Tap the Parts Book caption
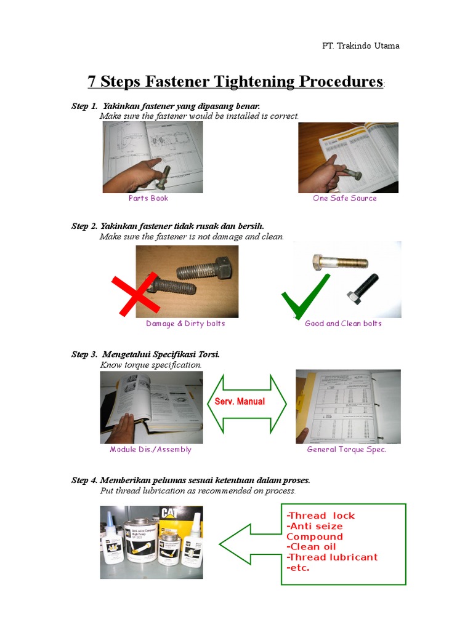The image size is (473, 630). click(148, 198)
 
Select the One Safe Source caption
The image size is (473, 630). click(344, 198)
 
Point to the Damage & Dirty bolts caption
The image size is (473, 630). click(185, 324)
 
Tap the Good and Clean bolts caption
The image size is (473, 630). click(343, 324)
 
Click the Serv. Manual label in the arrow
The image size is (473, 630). click(240, 402)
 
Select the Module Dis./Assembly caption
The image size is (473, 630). click(150, 450)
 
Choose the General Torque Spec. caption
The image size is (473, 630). click(347, 450)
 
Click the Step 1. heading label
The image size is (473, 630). click(85, 106)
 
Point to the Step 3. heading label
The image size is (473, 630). click(85, 354)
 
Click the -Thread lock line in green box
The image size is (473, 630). click(320, 516)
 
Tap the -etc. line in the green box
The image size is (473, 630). click(298, 567)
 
